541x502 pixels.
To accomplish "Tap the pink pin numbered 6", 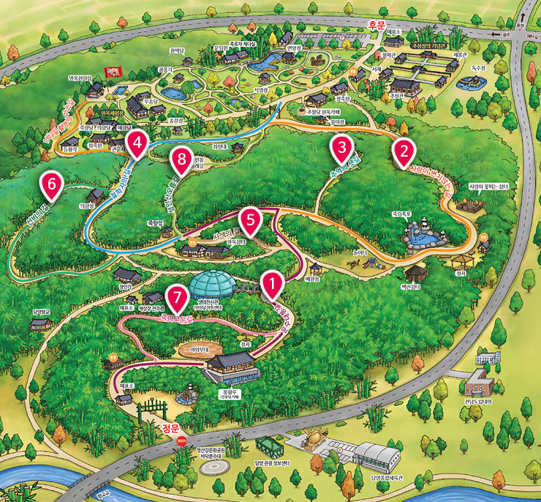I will pos(51,184).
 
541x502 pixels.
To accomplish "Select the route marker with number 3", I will pos(341,149).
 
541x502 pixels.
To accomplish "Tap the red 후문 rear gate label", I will pos(377,23).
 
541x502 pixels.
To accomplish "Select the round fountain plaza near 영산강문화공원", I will pos(213,465).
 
